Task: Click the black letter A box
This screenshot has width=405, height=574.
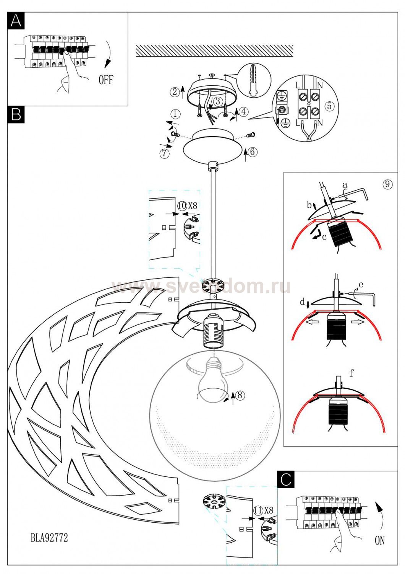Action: pos(16,21)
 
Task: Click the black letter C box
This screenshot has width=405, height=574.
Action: pos(286,479)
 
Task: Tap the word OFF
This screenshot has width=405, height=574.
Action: pos(106,80)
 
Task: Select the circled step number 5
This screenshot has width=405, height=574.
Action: pos(329,106)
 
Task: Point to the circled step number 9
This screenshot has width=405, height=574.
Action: pos(387,184)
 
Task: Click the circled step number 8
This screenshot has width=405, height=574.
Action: pos(240,395)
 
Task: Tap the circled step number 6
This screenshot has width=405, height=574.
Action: pos(252,152)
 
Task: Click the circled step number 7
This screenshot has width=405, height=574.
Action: pos(164,153)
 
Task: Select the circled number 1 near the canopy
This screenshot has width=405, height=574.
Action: pos(175,114)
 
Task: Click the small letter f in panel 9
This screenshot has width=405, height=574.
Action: pos(351,373)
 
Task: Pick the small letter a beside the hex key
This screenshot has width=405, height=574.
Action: pos(345,185)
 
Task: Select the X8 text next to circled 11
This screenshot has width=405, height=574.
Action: pos(268,510)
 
